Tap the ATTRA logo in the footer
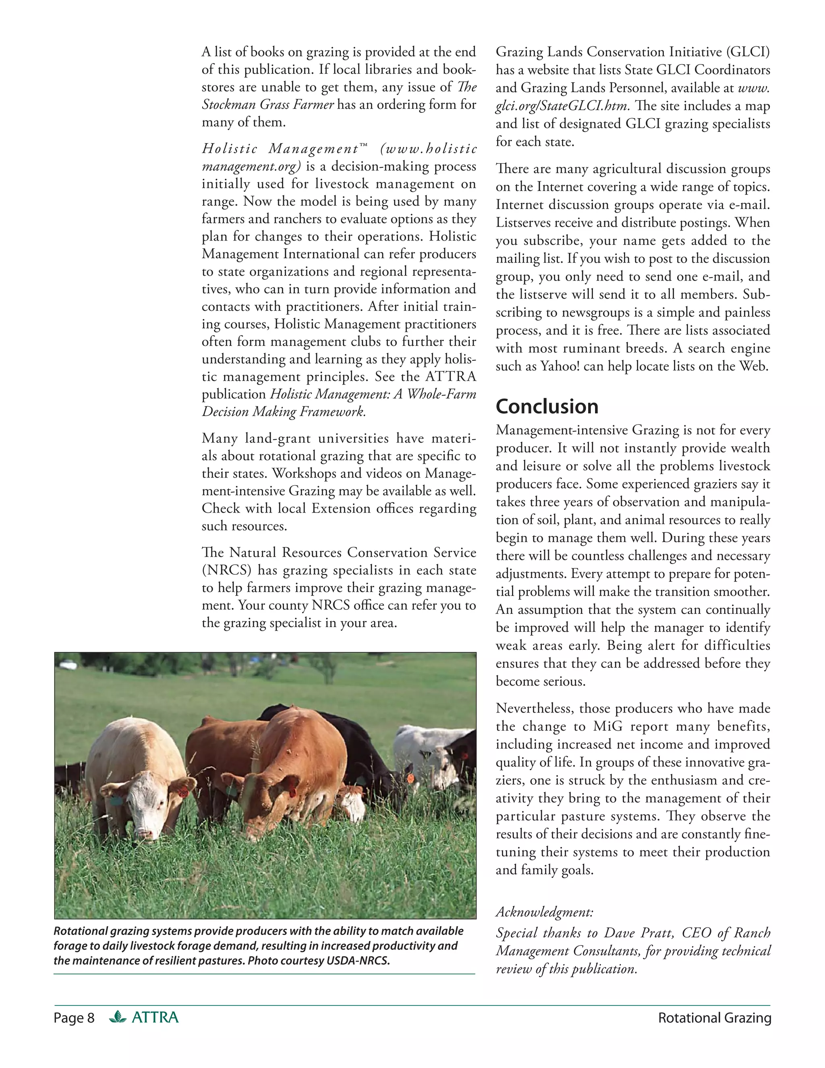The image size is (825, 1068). (144, 1018)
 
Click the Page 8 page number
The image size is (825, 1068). (74, 1018)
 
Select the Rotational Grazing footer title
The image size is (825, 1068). (715, 1018)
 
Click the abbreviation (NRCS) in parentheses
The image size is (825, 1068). (227, 570)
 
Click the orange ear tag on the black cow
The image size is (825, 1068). (410, 777)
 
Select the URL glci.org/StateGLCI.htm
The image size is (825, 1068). (562, 106)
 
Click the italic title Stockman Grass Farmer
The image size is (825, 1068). (268, 105)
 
